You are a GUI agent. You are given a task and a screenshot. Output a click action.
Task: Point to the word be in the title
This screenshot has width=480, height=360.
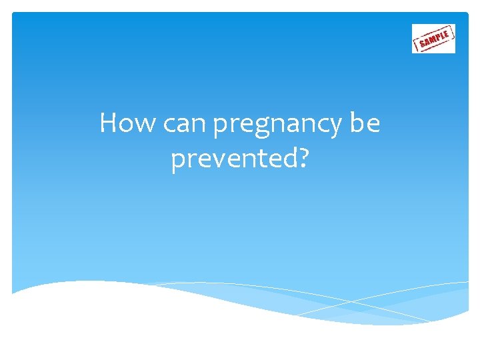(365, 123)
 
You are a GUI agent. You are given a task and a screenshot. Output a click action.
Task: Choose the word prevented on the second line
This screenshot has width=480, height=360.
(232, 160)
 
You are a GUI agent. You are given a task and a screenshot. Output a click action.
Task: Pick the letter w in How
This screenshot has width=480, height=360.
(145, 125)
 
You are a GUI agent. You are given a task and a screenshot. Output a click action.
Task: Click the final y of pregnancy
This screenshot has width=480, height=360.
(335, 129)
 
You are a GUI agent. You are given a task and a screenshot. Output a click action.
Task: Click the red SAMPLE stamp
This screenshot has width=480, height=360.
(433, 39)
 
